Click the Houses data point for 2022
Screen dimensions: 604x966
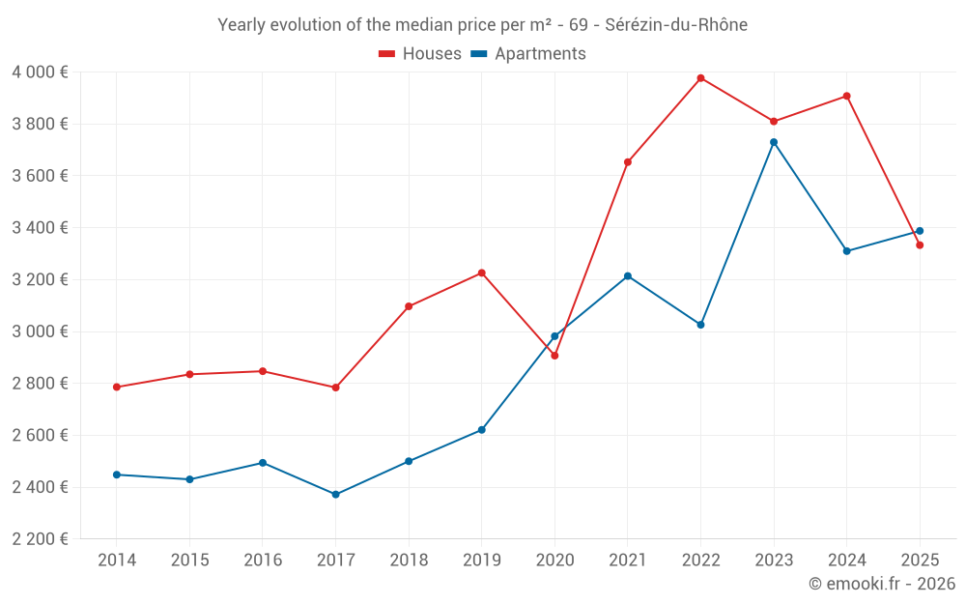700,78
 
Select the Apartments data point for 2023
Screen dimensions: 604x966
774,142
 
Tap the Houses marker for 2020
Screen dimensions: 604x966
554,356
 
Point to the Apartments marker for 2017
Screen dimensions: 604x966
335,495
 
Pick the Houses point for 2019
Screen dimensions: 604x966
482,273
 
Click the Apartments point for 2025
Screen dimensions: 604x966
920,231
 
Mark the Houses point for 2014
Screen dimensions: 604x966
117,388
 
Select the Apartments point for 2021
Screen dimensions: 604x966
628,276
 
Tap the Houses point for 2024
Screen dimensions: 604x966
846,96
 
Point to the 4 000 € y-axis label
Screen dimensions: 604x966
40,72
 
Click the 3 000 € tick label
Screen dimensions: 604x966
40,331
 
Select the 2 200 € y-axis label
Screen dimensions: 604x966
40,539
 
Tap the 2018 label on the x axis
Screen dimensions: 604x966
409,561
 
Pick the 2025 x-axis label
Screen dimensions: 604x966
920,561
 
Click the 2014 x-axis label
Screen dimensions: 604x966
117,561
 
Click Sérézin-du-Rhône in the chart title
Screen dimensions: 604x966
676,25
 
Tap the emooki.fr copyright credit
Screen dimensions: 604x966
881,584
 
